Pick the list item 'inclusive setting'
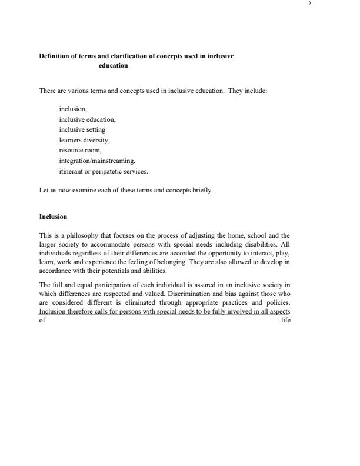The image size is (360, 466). [82, 129]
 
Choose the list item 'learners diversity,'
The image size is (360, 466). [84, 140]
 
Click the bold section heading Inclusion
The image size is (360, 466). [53, 217]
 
